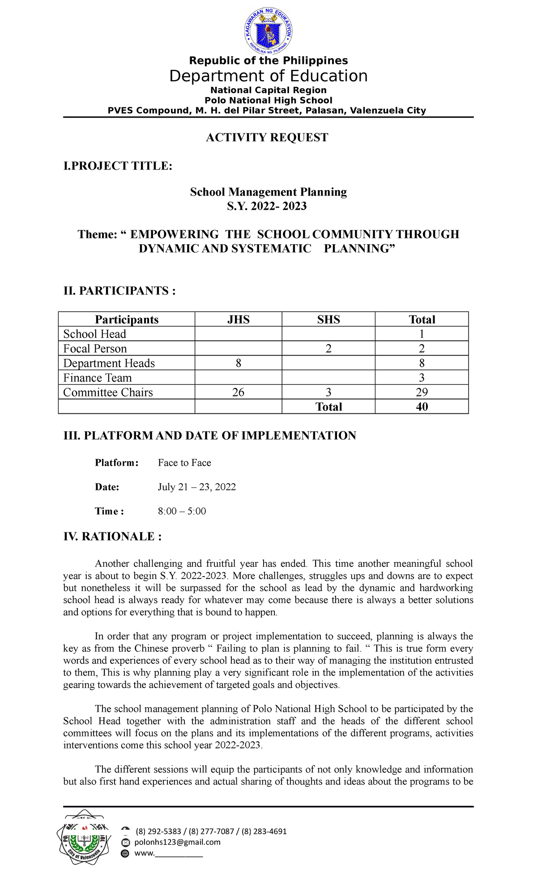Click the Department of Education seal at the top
point(268,31)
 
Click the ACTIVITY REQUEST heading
point(267,137)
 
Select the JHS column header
point(239,319)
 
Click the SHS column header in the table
point(328,319)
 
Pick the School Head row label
point(95,334)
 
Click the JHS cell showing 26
point(239,392)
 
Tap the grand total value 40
point(422,407)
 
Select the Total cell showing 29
point(422,392)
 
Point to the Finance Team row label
point(98,378)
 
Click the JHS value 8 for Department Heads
point(239,363)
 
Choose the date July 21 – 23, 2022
point(197,487)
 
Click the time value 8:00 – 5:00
point(182,511)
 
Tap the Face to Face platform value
point(184,463)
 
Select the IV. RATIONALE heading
point(112,536)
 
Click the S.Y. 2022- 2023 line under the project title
point(267,206)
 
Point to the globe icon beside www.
point(125,854)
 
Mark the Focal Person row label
point(95,348)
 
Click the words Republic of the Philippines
point(268,60)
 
